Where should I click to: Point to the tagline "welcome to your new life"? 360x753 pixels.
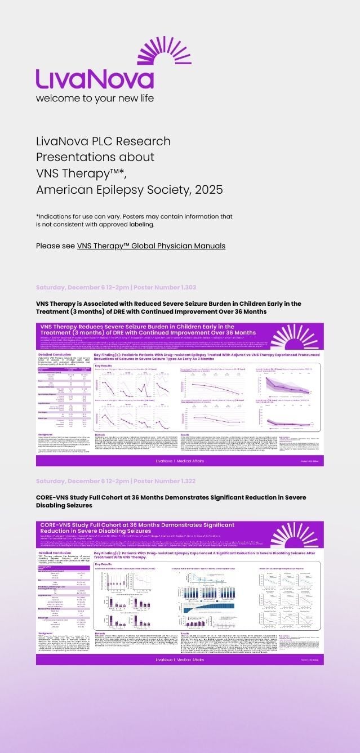pos(95,98)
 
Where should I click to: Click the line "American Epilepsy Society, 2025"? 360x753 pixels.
pos(129,188)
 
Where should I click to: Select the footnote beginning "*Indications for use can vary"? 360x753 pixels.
pos(134,216)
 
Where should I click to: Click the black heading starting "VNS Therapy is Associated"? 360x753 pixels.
pos(168,308)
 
